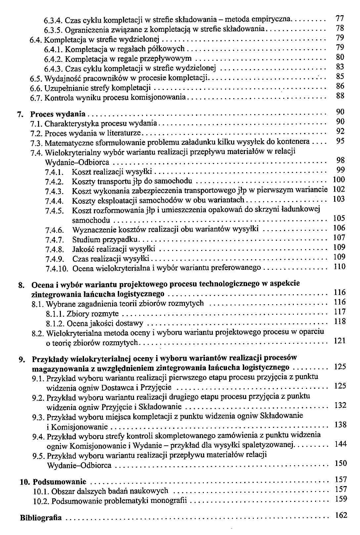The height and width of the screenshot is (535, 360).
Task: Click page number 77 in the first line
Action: (339, 18)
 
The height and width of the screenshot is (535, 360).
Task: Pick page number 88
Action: (340, 96)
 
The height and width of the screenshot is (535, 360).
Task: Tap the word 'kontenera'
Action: (294, 142)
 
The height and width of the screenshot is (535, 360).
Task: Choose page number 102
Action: (338, 189)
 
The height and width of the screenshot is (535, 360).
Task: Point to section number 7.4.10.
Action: (57, 268)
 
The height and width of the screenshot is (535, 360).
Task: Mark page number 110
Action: (339, 267)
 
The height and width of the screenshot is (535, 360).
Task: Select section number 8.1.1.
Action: (55, 314)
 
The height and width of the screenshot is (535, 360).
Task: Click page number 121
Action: (339, 341)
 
